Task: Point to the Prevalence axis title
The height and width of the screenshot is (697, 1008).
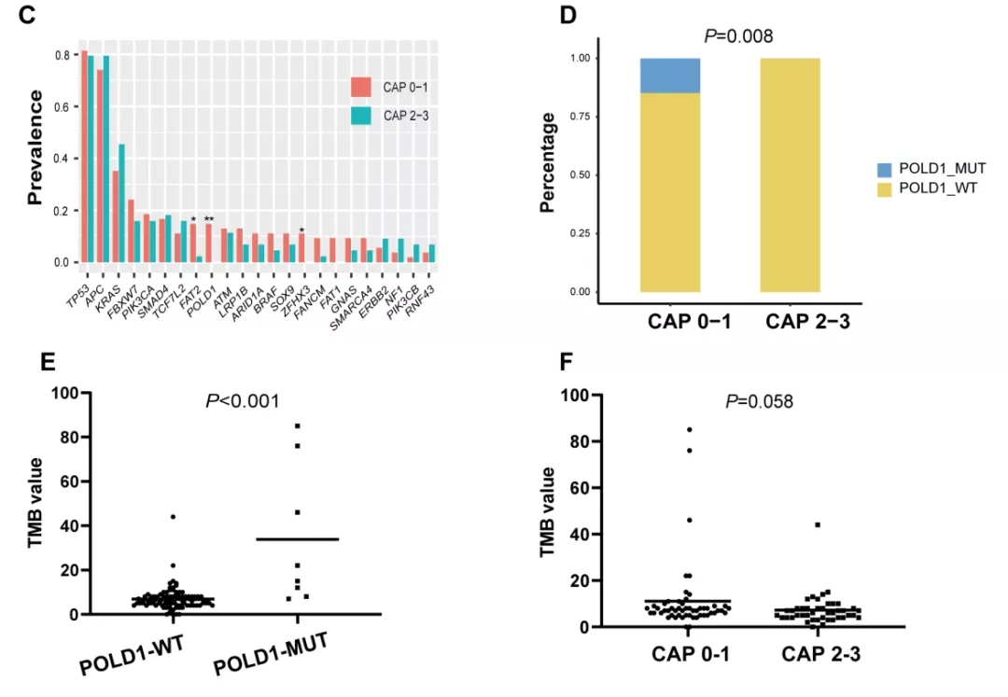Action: tap(35, 147)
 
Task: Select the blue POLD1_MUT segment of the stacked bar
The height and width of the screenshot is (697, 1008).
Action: tap(671, 76)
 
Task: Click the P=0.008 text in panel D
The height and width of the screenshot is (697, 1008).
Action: tap(738, 36)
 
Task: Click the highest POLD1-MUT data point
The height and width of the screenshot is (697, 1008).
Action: tap(298, 425)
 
